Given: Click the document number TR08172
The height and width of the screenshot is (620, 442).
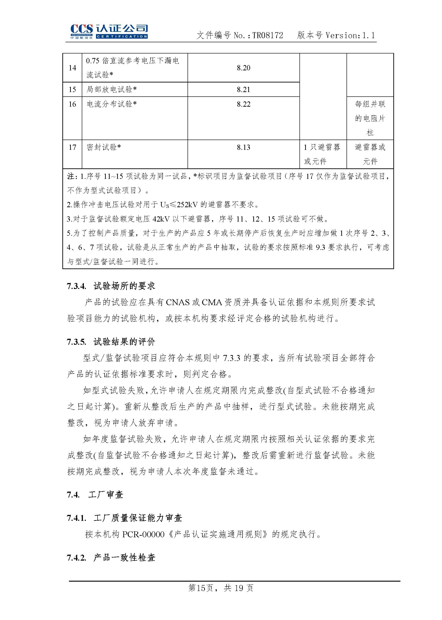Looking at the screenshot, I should [x=267, y=35].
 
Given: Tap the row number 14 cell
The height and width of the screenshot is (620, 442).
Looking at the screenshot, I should [x=72, y=68].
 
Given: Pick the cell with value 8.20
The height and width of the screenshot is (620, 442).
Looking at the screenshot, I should [x=243, y=68].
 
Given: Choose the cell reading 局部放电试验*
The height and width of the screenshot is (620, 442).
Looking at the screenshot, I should [x=112, y=89].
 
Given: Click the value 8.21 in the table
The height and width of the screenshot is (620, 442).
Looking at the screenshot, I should [x=243, y=89].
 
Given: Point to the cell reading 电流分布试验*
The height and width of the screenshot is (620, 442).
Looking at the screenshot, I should [x=112, y=104].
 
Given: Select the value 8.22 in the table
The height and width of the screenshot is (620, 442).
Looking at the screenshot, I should [x=243, y=104].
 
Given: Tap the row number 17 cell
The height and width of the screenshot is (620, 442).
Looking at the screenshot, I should [x=72, y=147].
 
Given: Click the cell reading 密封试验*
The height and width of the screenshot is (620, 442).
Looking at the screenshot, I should [x=104, y=147].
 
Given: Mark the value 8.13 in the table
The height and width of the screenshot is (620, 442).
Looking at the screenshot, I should [x=243, y=147].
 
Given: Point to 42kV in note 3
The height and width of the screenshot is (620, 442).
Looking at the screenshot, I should [x=162, y=219].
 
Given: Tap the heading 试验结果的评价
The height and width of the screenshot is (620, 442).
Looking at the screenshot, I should [x=124, y=342].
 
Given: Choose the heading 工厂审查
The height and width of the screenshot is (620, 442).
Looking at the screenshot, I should [x=106, y=495].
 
